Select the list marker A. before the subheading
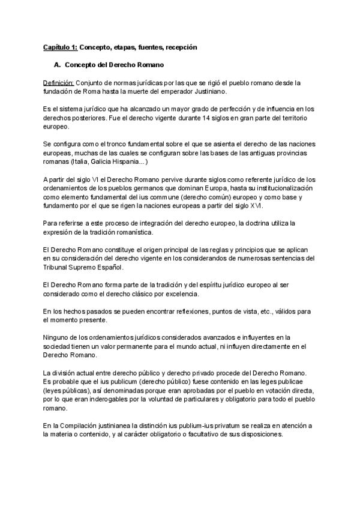(58, 64)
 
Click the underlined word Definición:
(58, 82)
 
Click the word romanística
(136, 232)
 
